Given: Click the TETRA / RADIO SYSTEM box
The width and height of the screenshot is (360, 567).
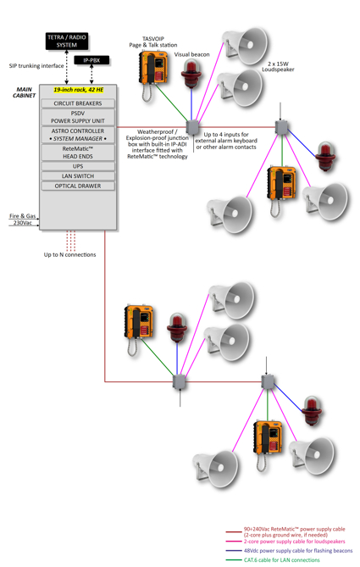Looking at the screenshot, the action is [67, 42].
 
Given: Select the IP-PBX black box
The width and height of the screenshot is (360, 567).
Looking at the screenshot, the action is [91, 60].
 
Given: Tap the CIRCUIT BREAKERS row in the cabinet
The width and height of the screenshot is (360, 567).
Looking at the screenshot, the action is [78, 103].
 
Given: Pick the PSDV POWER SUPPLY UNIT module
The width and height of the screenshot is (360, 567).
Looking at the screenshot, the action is [78, 117].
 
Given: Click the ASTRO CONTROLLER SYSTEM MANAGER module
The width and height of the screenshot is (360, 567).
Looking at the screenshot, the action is [78, 135].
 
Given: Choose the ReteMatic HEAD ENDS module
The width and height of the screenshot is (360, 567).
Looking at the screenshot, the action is [78, 153].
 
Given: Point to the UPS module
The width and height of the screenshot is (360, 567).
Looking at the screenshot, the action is [78, 166].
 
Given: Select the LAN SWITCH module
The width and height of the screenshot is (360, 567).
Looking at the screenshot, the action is [78, 176].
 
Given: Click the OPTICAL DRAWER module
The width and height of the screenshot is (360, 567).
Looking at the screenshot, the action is [78, 186].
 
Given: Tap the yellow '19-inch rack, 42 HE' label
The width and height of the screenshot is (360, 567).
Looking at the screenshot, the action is [79, 90].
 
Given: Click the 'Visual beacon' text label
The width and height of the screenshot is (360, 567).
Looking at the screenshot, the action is [191, 54].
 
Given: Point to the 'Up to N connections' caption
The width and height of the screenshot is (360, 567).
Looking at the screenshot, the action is [69, 254].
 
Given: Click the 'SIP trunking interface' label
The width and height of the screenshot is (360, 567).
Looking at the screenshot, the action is [36, 66].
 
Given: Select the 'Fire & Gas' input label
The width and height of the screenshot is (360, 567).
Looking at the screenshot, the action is [22, 216].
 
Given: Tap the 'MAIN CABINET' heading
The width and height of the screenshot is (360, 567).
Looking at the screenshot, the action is [25, 92].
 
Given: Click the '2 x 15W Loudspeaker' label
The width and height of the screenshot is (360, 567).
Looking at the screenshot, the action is [278, 67].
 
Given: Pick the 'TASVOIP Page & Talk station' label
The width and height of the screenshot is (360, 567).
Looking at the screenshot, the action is [153, 42].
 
